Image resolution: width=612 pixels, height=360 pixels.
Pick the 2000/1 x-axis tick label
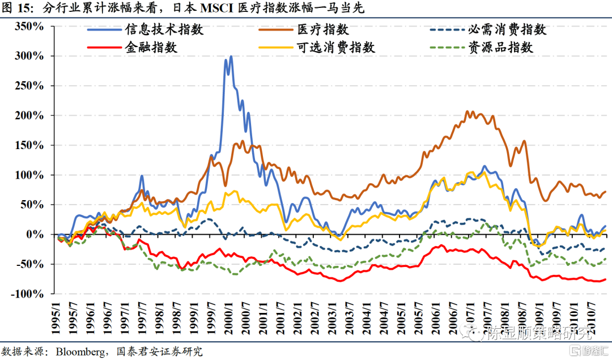[229, 317]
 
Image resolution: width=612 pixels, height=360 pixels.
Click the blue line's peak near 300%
[231, 57]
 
